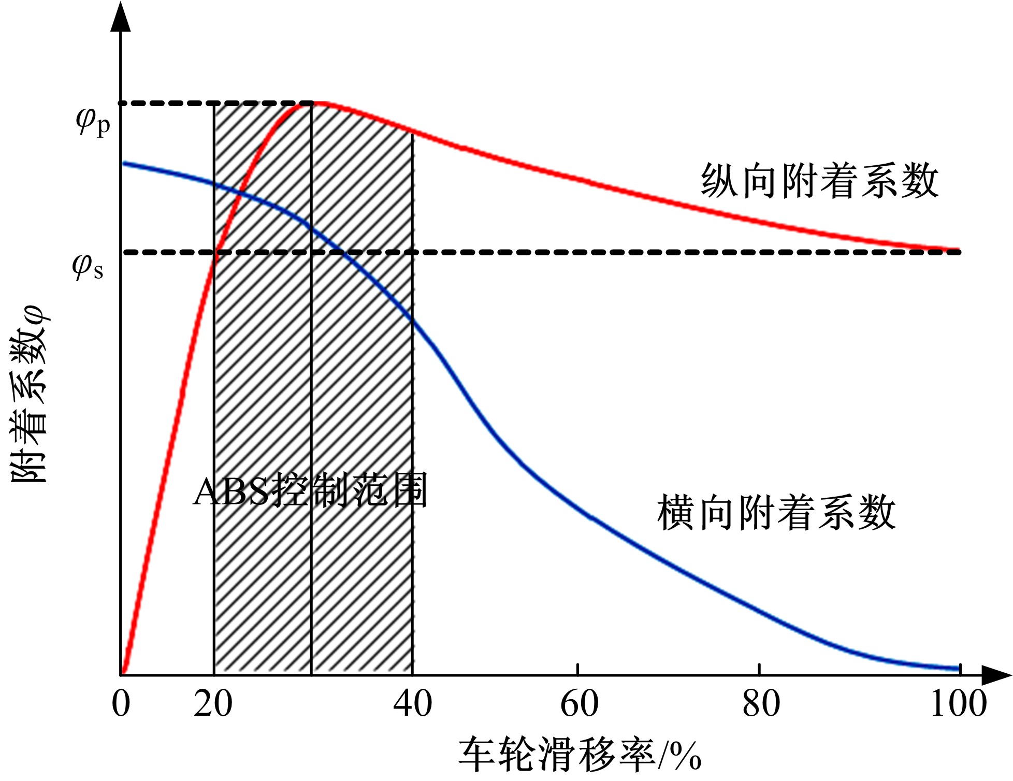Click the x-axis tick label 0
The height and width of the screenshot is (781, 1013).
(121, 704)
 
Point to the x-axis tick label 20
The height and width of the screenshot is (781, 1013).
(213, 704)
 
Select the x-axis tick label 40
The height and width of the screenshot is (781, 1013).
(412, 704)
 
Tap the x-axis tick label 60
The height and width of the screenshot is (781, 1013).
(580, 704)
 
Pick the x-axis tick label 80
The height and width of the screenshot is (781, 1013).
(761, 704)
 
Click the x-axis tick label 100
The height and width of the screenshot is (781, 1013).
(959, 704)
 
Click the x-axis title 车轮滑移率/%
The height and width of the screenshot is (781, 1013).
(580, 755)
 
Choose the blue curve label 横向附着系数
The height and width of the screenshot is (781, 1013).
(776, 512)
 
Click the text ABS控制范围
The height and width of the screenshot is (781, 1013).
(310, 490)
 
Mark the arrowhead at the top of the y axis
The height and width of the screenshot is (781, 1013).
(121, 18)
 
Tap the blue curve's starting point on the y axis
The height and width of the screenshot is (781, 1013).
(123, 164)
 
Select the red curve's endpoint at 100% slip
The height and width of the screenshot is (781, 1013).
(958, 250)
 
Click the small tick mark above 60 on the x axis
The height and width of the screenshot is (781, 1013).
(577, 669)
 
